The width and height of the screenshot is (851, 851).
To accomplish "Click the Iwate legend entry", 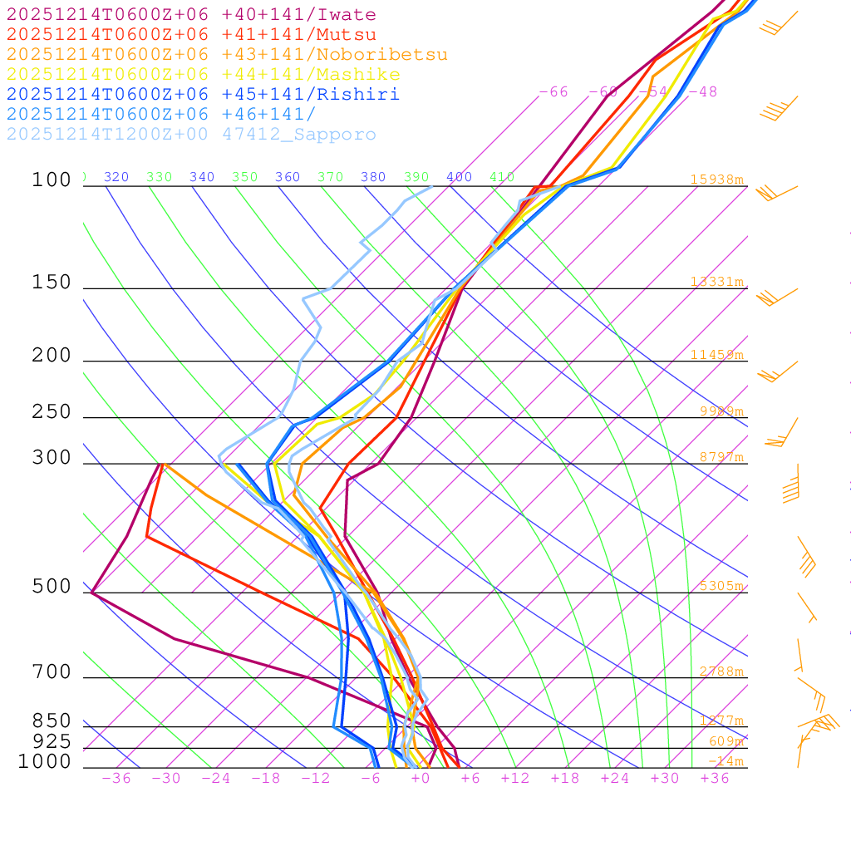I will click(x=191, y=15).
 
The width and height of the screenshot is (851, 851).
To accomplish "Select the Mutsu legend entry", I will click(x=191, y=35).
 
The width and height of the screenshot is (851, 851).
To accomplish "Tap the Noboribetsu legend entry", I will click(x=227, y=55).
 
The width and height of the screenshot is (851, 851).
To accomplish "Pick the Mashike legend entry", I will click(x=203, y=75).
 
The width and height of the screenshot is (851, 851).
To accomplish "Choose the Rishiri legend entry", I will click(x=203, y=95).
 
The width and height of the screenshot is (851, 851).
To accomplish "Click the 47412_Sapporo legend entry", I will click(x=191, y=135).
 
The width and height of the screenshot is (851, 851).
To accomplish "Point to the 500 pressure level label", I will click(x=52, y=587).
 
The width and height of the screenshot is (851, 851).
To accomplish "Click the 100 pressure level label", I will click(x=52, y=180).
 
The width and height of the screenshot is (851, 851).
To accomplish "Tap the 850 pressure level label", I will click(x=52, y=721).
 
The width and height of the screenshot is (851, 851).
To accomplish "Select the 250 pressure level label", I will click(x=52, y=412).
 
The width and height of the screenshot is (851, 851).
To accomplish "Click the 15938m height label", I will click(x=716, y=180).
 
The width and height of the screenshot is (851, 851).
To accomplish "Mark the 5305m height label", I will click(x=721, y=586).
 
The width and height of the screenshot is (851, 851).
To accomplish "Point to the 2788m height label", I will click(x=721, y=671).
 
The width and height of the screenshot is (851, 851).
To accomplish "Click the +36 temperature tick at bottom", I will click(x=714, y=779).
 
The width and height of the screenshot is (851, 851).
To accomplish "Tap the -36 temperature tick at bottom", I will click(x=116, y=779).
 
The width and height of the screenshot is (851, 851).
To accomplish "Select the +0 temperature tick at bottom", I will click(x=420, y=779).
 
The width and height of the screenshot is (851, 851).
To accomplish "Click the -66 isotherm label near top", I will click(x=553, y=91).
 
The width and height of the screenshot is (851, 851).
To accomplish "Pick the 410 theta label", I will click(x=501, y=177).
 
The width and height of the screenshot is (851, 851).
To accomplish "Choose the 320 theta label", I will click(x=116, y=177).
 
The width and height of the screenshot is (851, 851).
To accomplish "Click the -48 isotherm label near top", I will click(x=703, y=91).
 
